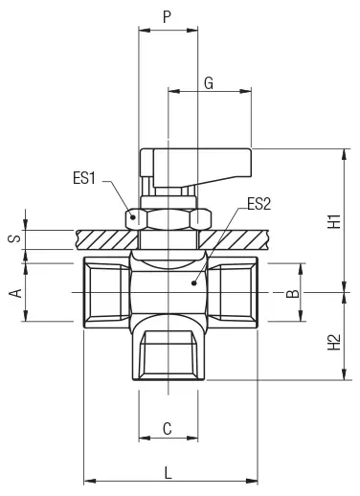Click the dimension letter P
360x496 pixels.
click(x=167, y=16)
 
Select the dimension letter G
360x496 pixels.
click(x=209, y=83)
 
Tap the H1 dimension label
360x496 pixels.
click(x=334, y=221)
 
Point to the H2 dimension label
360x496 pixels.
click(x=334, y=342)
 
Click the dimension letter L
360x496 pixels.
click(x=168, y=472)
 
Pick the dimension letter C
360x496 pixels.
click(x=168, y=429)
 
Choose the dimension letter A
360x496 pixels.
click(x=15, y=293)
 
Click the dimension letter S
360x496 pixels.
click(x=14, y=238)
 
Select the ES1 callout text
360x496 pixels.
click(x=84, y=178)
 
